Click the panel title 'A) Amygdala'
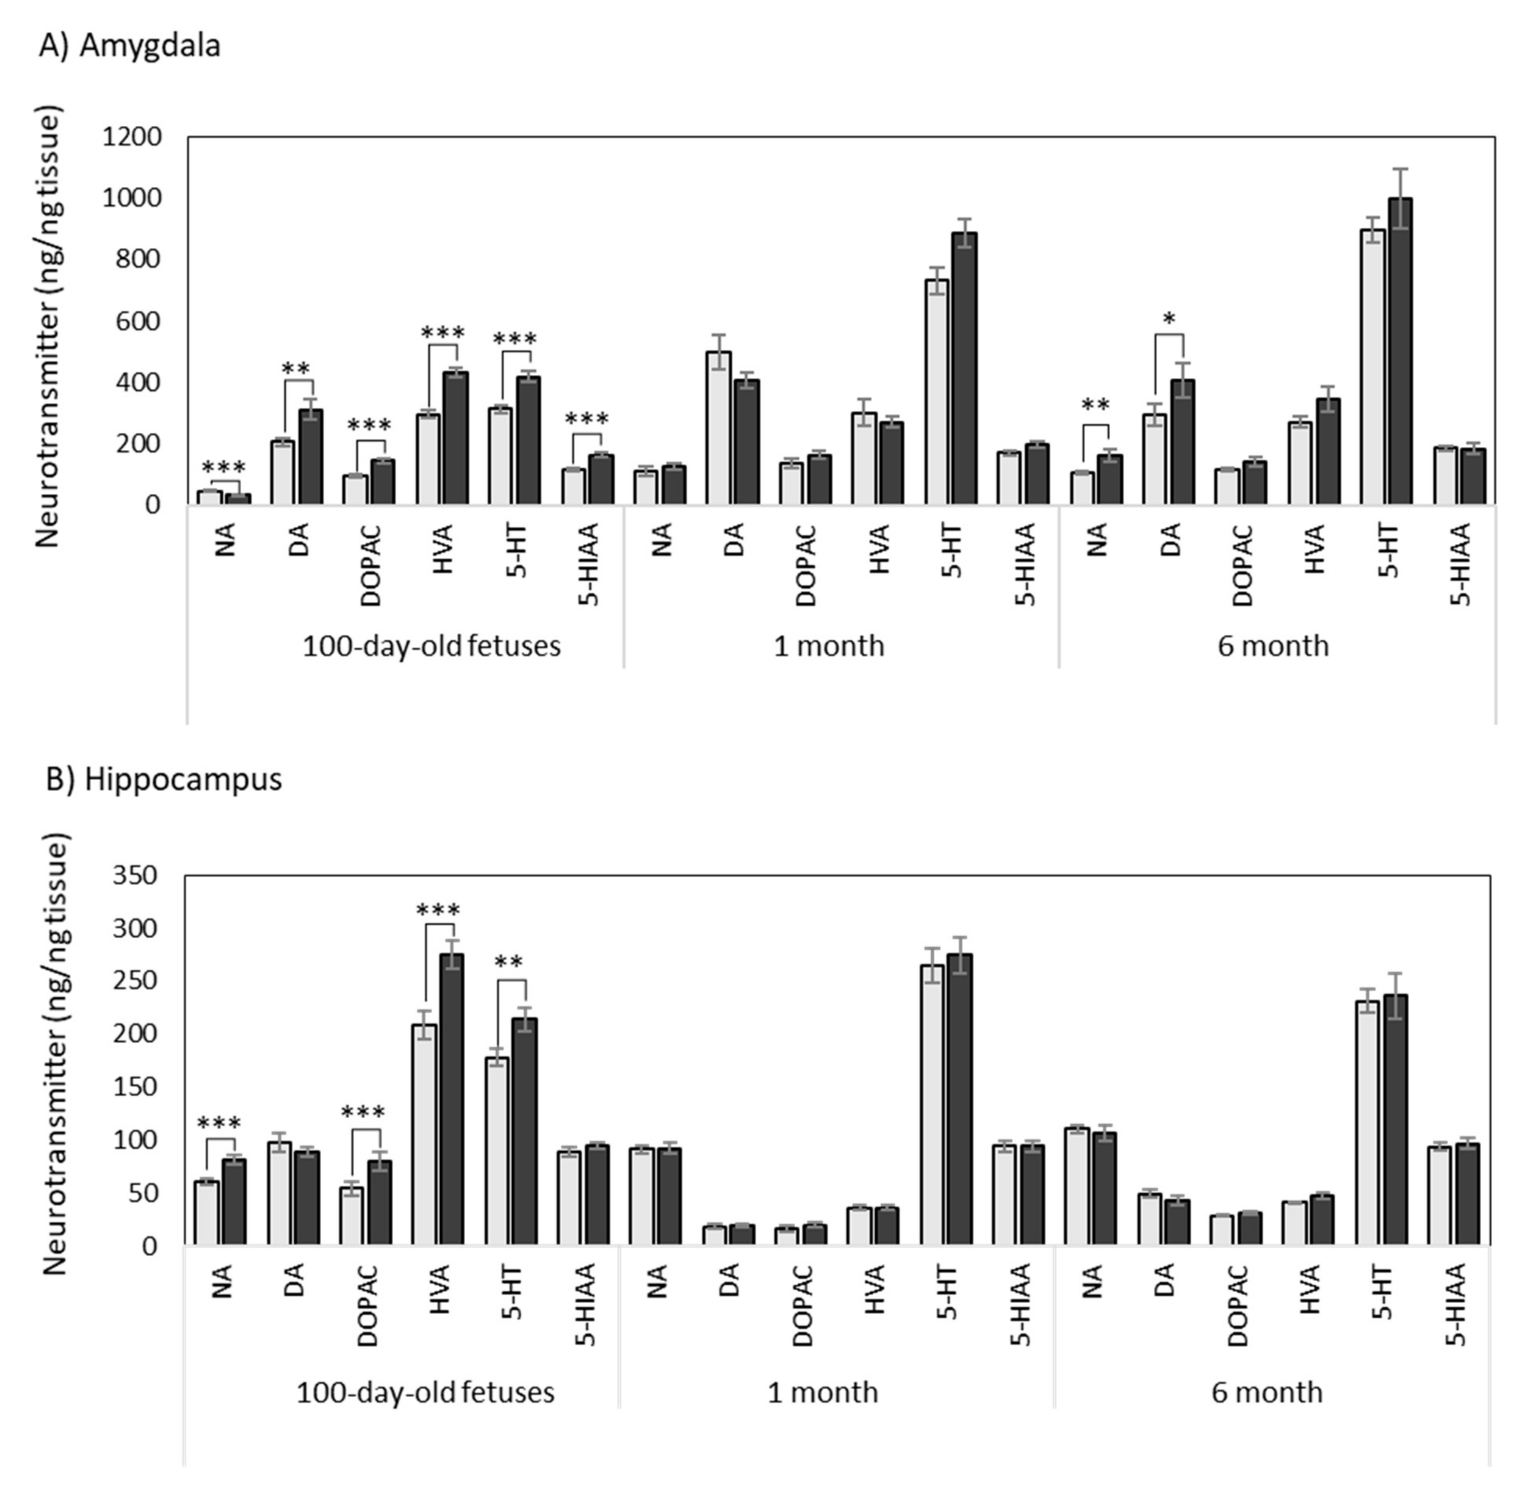(130, 45)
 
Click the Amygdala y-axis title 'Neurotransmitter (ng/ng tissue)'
(49, 330)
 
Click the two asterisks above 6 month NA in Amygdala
(1095, 405)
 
